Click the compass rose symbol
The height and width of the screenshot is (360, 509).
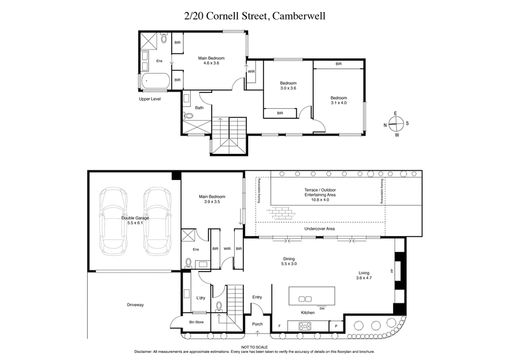(x=396, y=124)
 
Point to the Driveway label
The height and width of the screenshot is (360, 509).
(x=135, y=305)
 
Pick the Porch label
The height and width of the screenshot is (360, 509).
(x=257, y=324)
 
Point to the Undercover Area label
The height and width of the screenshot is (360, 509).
(x=319, y=228)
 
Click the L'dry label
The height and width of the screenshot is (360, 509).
(x=200, y=298)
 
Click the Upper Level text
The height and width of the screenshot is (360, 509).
(x=151, y=99)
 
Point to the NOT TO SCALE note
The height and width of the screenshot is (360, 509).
(x=254, y=346)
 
